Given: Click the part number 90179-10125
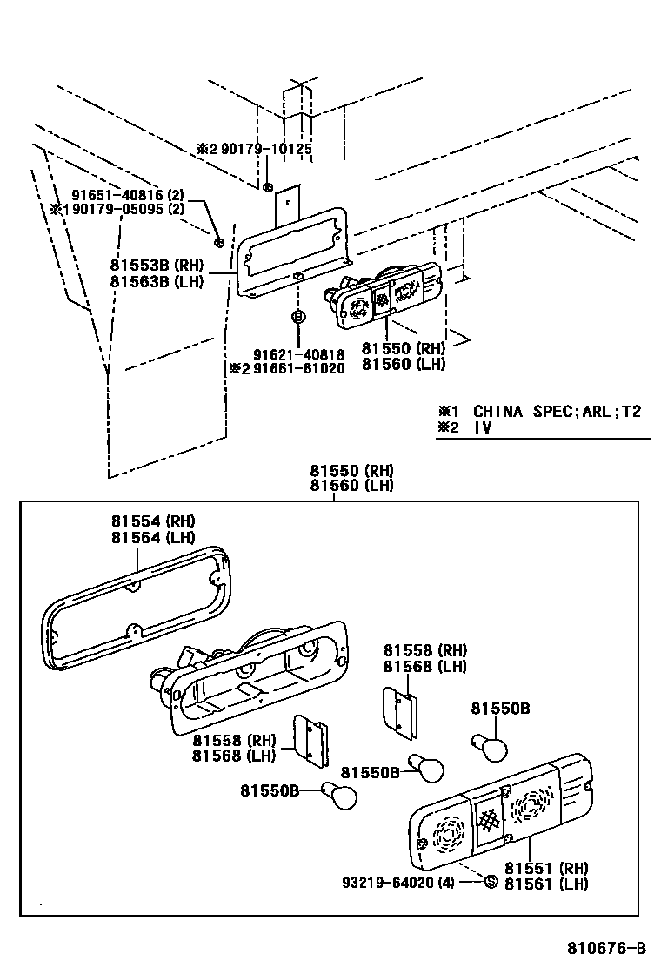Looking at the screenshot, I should coord(265,149).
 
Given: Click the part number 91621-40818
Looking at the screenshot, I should coord(299,354).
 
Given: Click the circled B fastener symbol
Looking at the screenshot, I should coord(298,317).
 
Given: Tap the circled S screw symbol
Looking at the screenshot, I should coord(490,881).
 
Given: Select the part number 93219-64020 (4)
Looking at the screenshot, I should coord(410,882).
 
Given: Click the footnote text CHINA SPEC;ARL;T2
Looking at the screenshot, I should coord(557,411).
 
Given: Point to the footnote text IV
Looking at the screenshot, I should coord(483,427).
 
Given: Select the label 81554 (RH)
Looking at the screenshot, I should coord(153,521).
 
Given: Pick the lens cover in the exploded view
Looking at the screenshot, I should coord(500,813).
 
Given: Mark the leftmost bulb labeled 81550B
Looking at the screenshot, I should coord(340,794).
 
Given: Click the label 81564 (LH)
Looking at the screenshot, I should coord(153,537).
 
